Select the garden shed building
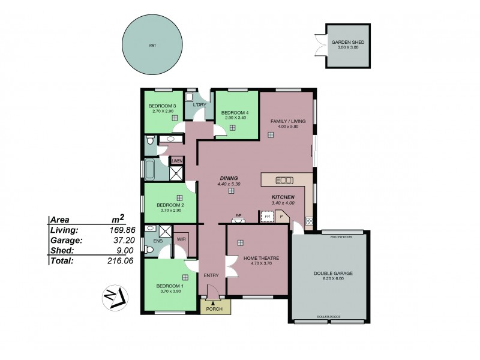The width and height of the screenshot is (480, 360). coord(347,46)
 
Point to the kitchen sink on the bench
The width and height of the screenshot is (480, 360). coord(284,180)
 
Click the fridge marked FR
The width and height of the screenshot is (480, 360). coord(267,216)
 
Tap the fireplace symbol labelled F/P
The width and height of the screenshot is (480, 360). coord(238,219)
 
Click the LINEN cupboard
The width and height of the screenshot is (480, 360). coord(176,161)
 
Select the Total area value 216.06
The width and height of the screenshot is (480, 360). coord(113,261)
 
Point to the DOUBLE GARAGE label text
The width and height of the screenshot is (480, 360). coord(333,273)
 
